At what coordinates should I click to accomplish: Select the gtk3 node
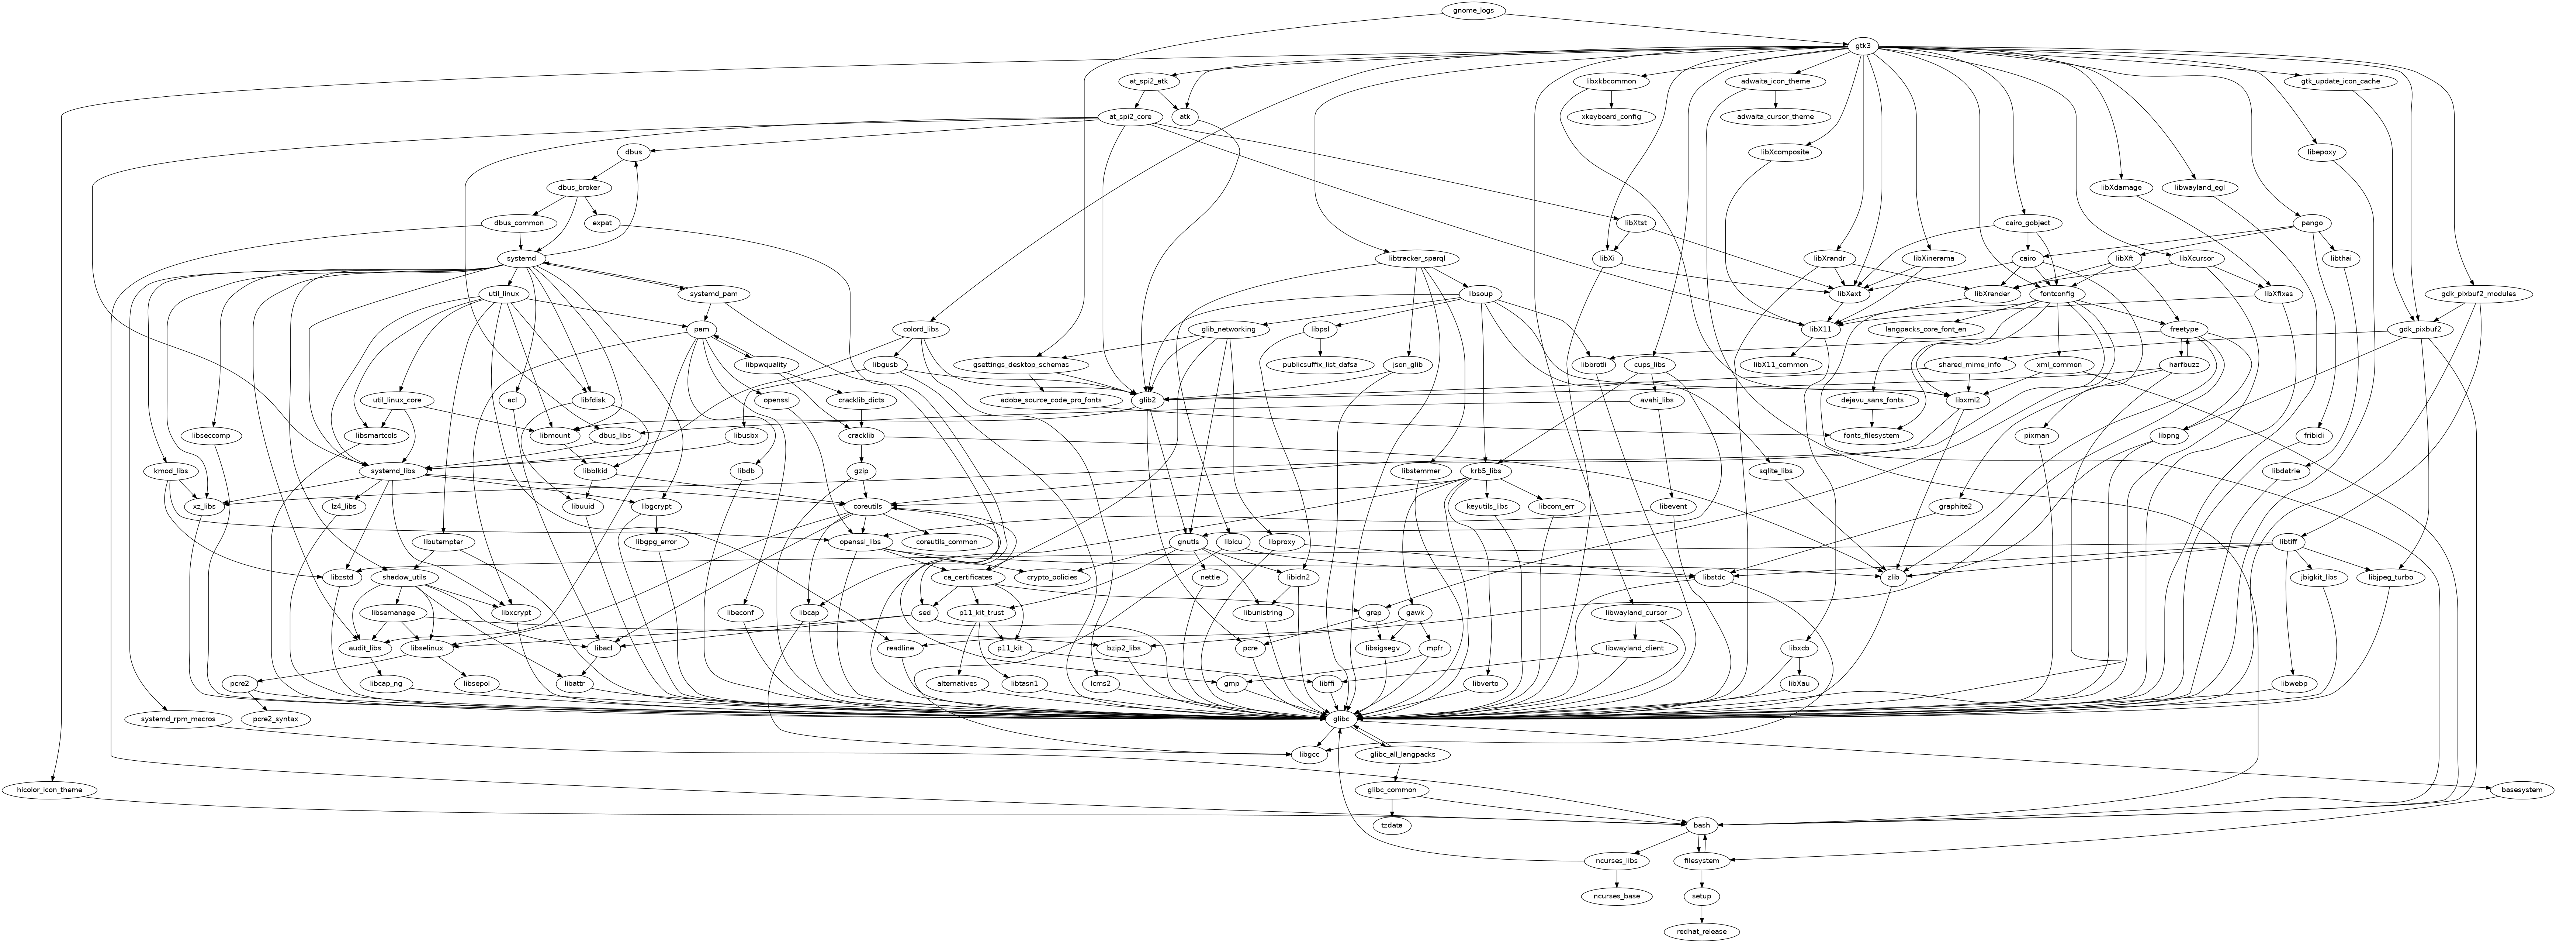coord(1863,46)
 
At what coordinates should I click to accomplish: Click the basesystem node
coord(2514,789)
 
